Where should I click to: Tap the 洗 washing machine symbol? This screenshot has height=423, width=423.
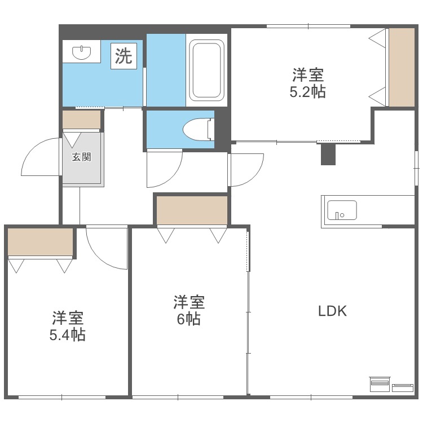pyautogui.click(x=124, y=55)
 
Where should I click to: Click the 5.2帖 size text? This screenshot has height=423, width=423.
pyautogui.click(x=307, y=92)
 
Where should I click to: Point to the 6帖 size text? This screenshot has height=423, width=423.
pyautogui.click(x=188, y=319)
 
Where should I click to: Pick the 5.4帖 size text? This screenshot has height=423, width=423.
pyautogui.click(x=68, y=334)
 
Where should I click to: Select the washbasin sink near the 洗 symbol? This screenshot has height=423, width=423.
pyautogui.click(x=82, y=53)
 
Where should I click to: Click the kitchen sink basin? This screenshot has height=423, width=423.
pyautogui.click(x=342, y=210)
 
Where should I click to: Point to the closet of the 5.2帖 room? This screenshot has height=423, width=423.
pyautogui.click(x=402, y=67)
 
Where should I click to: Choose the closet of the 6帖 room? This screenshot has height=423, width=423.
pyautogui.click(x=192, y=210)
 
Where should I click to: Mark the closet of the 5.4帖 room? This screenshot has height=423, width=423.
pyautogui.click(x=41, y=241)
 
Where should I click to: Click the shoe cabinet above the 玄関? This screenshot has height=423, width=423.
pyautogui.click(x=81, y=120)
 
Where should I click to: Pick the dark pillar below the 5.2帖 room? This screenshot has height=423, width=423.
pyautogui.click(x=328, y=153)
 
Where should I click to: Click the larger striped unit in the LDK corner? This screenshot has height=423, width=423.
pyautogui.click(x=380, y=384)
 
